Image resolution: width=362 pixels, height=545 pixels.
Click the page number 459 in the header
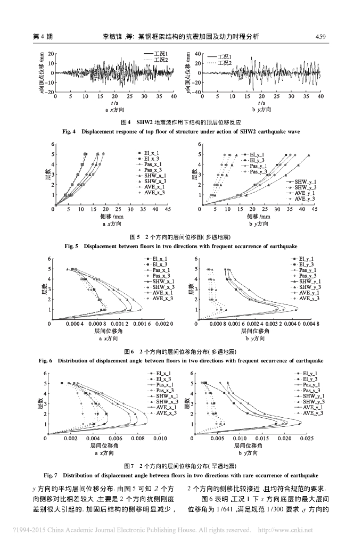320,37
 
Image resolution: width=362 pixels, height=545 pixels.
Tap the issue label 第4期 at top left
42,37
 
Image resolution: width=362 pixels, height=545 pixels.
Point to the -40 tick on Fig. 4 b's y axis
193,92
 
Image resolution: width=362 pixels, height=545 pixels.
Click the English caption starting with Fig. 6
180,360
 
